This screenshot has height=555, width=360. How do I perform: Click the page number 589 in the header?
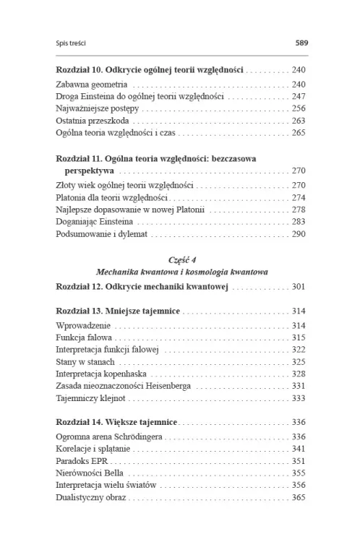click(301, 43)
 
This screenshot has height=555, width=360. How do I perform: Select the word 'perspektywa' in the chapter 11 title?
click(88, 171)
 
